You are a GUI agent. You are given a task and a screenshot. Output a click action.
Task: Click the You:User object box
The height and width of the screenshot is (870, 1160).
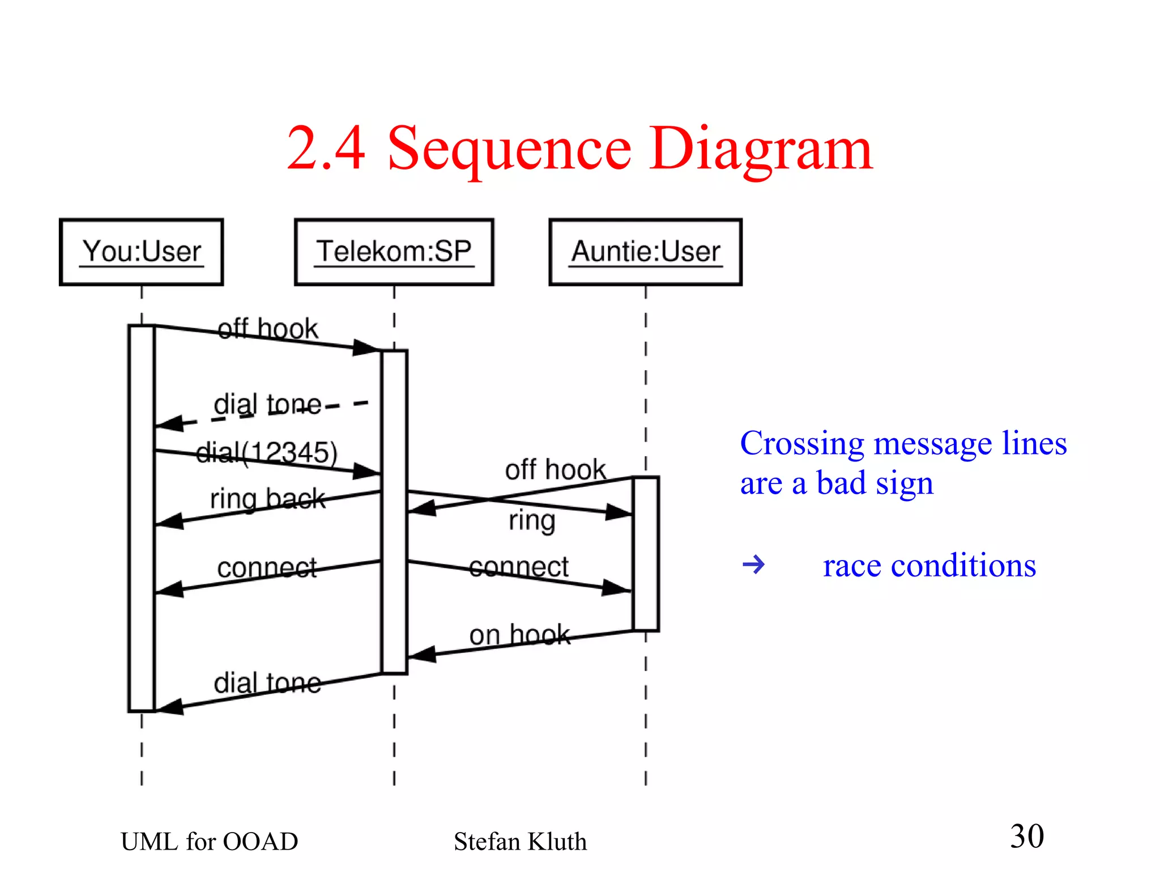(142, 252)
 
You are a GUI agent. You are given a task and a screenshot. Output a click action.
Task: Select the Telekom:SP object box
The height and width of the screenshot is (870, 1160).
(394, 252)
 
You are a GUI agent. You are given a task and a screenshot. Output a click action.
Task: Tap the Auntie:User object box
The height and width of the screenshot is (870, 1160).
(645, 252)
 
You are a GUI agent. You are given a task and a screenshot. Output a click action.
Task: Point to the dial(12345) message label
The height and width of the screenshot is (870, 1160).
(267, 452)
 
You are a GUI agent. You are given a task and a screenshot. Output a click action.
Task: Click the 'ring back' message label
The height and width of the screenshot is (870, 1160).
(267, 499)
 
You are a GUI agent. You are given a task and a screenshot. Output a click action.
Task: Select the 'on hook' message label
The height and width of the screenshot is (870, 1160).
(519, 634)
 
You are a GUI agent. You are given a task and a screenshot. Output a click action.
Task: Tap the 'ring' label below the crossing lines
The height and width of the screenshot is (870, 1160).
(532, 520)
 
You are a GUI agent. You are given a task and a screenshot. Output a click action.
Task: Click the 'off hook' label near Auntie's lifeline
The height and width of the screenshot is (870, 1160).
(555, 469)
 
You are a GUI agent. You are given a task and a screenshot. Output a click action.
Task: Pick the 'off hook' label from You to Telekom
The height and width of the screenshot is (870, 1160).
(268, 329)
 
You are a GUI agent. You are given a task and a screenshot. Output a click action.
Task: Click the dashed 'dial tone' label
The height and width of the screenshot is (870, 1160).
(267, 405)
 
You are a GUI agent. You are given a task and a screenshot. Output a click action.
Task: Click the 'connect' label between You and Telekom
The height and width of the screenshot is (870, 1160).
(267, 567)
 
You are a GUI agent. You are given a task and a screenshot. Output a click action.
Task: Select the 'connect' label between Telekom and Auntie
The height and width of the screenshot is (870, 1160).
(518, 567)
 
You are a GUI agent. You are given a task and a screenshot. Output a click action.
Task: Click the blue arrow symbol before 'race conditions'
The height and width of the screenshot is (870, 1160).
(753, 565)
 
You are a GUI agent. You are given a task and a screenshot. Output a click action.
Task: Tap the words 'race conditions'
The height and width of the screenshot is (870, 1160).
(929, 566)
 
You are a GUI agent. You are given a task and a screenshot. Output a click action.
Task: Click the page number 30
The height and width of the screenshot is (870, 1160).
(1027, 836)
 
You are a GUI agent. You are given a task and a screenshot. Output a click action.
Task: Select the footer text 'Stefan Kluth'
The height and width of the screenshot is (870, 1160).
(520, 842)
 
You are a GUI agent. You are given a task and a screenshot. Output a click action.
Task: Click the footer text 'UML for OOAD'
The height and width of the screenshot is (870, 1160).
(209, 842)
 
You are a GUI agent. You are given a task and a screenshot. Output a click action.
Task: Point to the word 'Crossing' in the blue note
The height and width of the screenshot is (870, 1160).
(802, 444)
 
